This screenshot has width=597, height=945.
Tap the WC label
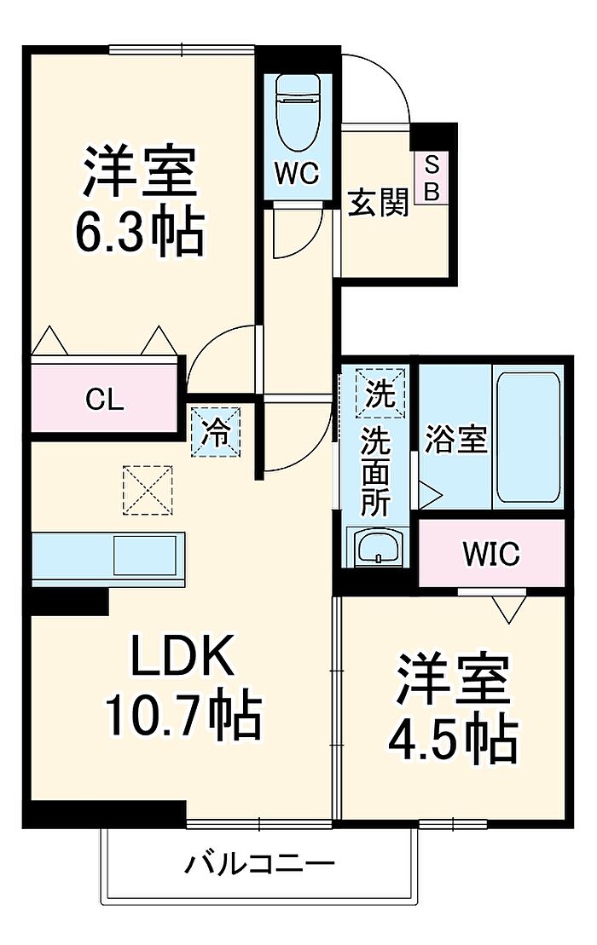tap(297, 174)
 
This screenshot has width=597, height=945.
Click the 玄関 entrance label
tap(379, 203)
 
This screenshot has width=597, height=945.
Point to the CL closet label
tap(104, 399)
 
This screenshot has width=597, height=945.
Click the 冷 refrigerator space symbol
tap(216, 431)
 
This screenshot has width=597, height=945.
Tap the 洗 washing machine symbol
tap(380, 394)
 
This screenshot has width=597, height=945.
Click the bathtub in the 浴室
tap(528, 437)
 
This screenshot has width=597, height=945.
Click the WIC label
tap(491, 553)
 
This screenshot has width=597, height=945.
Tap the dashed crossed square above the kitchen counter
tap(148, 490)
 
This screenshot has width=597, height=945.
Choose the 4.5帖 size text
tap(452, 739)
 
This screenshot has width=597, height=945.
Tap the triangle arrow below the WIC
tap(509, 608)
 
